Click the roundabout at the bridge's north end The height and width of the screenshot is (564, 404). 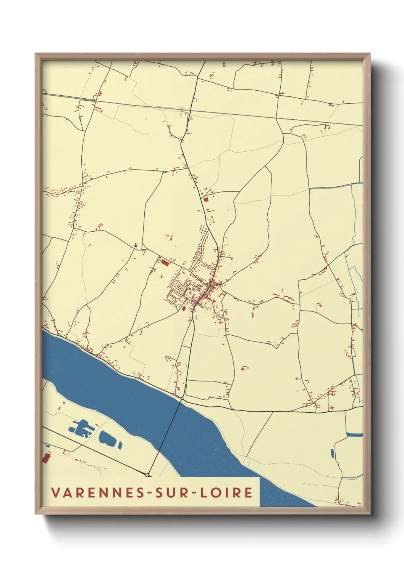tap(182, 398)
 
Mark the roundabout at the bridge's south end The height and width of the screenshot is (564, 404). tap(147, 475)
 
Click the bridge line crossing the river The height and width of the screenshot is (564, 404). tap(165, 436)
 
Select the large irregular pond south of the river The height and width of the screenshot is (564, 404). tap(81, 428)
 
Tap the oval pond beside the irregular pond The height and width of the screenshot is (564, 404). tap(106, 437)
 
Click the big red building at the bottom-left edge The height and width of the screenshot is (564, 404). tap(47, 457)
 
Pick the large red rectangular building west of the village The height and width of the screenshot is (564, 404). tap(165, 263)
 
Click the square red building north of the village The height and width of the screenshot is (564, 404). tap(206, 199)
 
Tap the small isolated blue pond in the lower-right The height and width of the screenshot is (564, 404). tap(332, 453)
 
